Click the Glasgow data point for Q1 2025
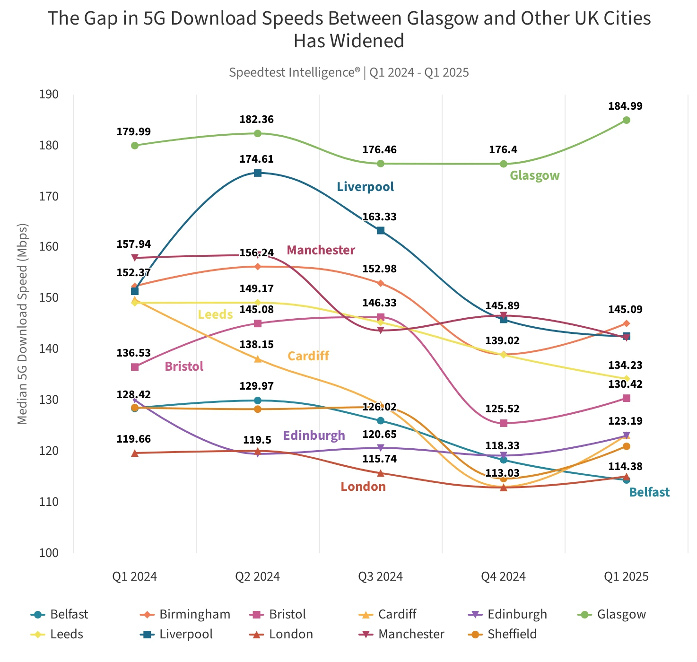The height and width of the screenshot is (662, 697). (x=626, y=120)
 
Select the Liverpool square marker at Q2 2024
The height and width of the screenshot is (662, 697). (x=258, y=173)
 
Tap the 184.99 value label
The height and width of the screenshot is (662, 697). (x=625, y=106)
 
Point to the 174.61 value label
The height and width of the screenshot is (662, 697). (x=256, y=159)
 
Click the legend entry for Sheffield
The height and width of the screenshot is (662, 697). (x=503, y=634)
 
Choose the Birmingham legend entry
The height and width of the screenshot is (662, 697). (x=185, y=614)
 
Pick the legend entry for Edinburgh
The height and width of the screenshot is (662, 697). (x=507, y=614)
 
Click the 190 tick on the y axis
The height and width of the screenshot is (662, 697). (x=49, y=95)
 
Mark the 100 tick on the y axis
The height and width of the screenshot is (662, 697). (x=49, y=553)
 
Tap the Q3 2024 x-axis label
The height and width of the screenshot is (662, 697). (x=380, y=576)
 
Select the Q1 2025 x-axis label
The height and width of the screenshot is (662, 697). (x=626, y=576)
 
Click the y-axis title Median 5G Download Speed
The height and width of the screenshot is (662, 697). (x=22, y=324)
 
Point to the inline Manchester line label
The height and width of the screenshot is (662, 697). (x=321, y=250)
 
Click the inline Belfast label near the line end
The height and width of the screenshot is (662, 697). (x=649, y=492)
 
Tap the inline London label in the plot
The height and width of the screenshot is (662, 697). (x=363, y=487)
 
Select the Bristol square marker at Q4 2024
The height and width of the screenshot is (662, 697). (x=504, y=423)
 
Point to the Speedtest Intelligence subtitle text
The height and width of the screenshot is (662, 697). (x=348, y=72)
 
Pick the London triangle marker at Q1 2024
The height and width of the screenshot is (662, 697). (x=135, y=453)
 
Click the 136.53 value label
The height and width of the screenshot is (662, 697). (x=133, y=353)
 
